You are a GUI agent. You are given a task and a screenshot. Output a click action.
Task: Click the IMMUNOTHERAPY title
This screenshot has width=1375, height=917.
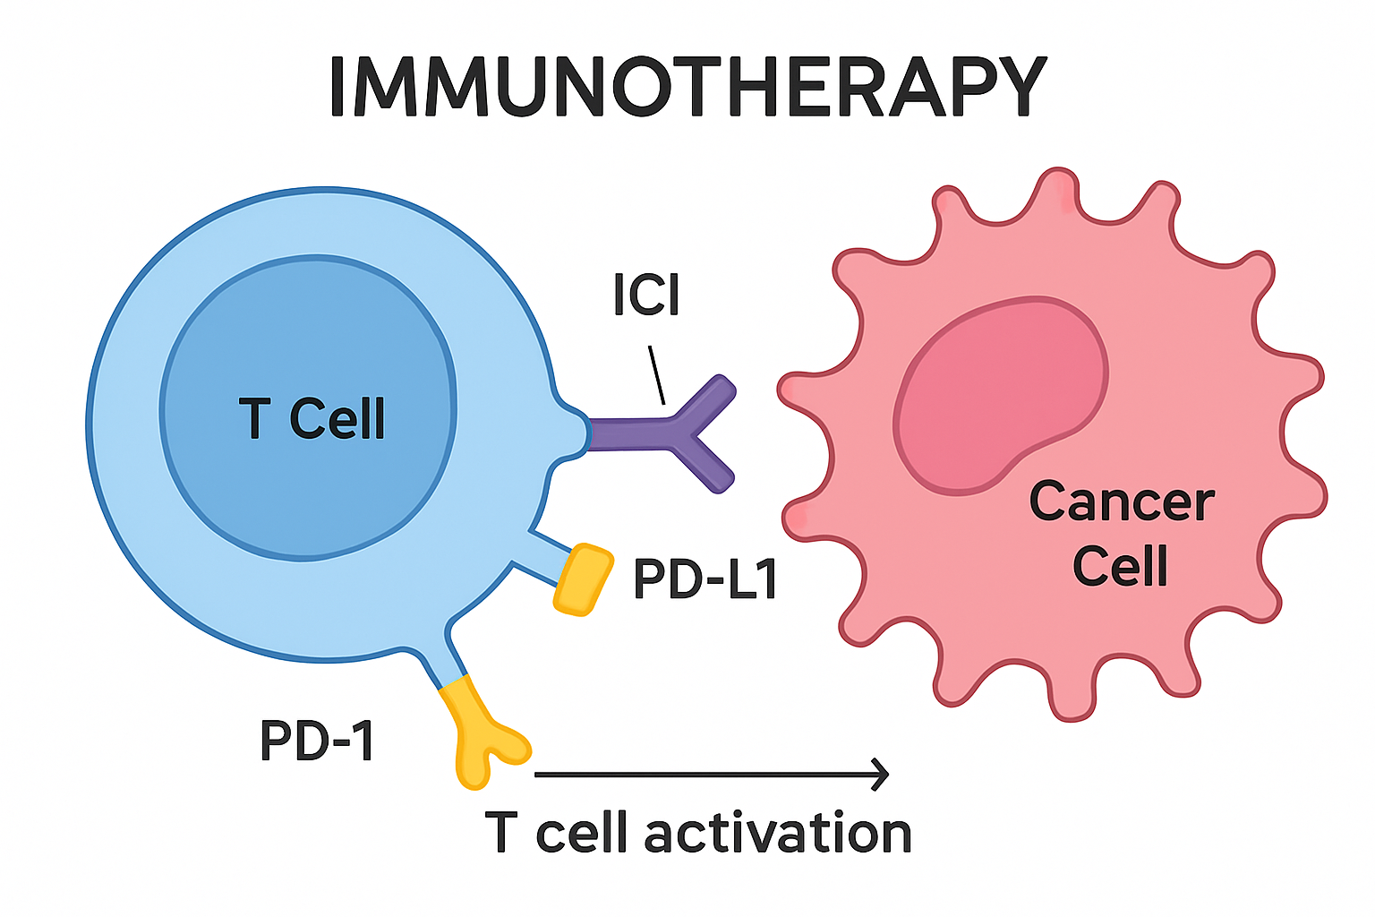pos(687,88)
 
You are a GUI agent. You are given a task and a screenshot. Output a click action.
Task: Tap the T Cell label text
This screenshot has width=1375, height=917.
pos(312,419)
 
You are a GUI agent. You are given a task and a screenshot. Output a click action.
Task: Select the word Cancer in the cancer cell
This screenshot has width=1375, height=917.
pos(1122,501)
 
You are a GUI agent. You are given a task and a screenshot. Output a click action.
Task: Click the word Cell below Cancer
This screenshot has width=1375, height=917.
pos(1121,566)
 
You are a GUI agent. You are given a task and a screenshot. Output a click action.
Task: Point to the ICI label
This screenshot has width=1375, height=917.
pos(646,295)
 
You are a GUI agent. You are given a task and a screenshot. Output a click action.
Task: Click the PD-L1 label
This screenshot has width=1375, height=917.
pos(705,579)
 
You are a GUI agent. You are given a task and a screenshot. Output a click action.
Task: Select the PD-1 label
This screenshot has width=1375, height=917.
pos(317,741)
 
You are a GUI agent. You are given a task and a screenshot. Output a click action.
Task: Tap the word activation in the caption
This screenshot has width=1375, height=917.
pos(777,834)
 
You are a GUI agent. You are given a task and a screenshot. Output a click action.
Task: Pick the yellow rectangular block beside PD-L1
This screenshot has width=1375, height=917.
pos(584,579)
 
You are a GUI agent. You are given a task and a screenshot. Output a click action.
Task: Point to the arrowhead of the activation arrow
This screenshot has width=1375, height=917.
pos(881,775)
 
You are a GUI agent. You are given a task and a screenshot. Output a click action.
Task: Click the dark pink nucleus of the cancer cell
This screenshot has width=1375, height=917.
pos(1001,394)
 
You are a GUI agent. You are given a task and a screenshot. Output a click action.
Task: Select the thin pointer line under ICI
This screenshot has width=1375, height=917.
pos(656,375)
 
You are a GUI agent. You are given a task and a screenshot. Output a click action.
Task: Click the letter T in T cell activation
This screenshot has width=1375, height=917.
pos(501,833)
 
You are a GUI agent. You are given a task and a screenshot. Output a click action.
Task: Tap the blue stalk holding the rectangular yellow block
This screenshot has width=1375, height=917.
pos(542,555)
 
